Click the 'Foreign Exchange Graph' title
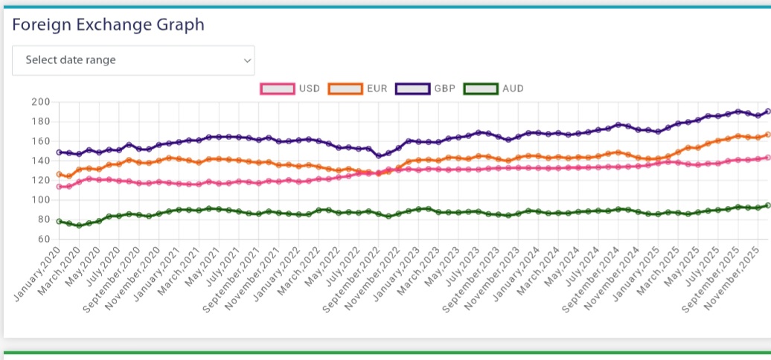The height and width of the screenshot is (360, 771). pyautogui.click(x=108, y=25)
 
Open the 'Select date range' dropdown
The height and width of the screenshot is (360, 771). pyautogui.click(x=133, y=60)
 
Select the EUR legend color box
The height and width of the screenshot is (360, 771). pyautogui.click(x=344, y=89)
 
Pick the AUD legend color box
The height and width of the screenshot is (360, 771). pyautogui.click(x=480, y=89)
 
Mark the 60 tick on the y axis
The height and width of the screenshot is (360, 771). pyautogui.click(x=43, y=239)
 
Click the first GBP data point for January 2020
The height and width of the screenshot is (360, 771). pyautogui.click(x=59, y=152)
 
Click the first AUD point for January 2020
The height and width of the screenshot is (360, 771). pyautogui.click(x=59, y=221)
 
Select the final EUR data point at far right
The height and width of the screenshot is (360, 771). pyautogui.click(x=767, y=135)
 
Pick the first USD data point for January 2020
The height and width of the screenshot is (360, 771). pyautogui.click(x=59, y=187)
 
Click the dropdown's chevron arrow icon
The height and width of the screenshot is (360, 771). pyautogui.click(x=248, y=60)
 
